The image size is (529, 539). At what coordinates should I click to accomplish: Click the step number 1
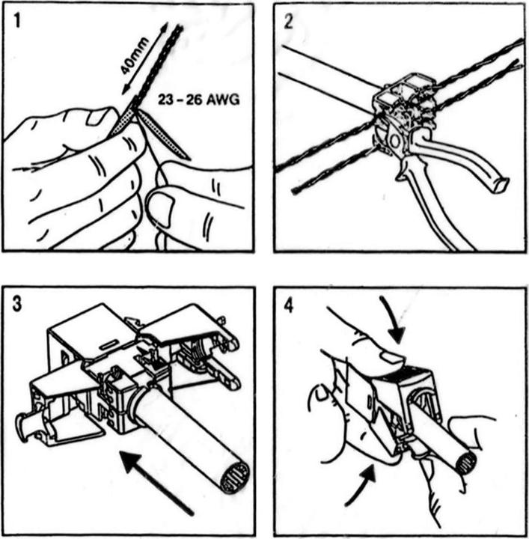(16, 21)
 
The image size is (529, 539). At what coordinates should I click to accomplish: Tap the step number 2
(289, 22)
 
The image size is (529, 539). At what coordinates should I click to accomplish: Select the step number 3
(16, 304)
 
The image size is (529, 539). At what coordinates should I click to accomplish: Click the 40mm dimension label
(135, 55)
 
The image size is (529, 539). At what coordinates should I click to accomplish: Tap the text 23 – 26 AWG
(198, 100)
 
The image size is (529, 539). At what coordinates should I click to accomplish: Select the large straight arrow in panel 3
(156, 483)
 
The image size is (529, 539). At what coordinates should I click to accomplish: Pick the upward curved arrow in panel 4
(361, 484)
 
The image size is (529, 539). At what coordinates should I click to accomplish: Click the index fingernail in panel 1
(97, 117)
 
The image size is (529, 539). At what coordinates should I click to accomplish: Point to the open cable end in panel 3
(235, 478)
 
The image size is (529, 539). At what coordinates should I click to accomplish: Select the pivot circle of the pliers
(394, 141)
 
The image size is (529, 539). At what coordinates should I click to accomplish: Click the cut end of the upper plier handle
(500, 185)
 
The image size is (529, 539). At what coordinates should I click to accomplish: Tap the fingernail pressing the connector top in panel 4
(394, 358)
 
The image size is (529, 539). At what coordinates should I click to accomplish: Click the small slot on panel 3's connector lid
(108, 344)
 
